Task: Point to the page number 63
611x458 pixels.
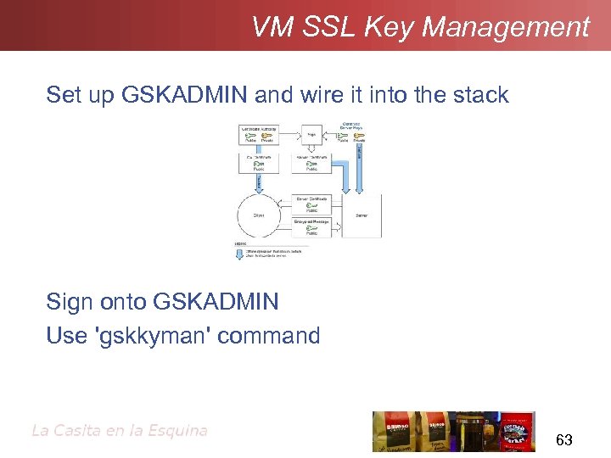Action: click(x=563, y=440)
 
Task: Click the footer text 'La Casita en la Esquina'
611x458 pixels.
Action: click(x=119, y=431)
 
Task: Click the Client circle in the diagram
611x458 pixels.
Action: click(x=258, y=215)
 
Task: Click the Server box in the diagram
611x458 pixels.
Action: click(x=362, y=215)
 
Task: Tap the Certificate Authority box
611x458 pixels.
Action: click(x=260, y=134)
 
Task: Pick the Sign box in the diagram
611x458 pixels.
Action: click(x=311, y=134)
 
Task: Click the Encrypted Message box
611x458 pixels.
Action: click(x=312, y=226)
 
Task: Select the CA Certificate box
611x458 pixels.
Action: click(x=259, y=162)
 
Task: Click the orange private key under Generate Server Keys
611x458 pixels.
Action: click(x=360, y=136)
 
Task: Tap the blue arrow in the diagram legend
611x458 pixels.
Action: click(x=240, y=251)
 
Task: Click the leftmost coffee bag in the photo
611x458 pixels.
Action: click(x=391, y=431)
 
